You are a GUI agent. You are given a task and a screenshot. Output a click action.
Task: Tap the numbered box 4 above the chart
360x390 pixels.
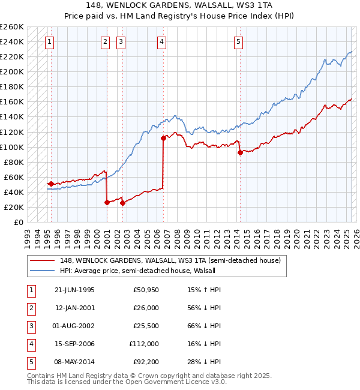162,42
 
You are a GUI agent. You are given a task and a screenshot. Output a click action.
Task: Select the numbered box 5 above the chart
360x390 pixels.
239,42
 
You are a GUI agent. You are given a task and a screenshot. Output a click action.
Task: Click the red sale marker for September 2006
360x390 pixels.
163,138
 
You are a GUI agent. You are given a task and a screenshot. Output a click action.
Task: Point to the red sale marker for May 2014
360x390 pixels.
240,152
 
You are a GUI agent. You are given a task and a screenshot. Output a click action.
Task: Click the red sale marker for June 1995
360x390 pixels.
51,184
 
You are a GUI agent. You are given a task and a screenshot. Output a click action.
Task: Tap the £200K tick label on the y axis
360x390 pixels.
12,71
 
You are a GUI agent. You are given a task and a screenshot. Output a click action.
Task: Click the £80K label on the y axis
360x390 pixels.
14,162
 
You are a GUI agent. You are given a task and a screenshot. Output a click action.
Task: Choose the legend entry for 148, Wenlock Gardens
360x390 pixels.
170,261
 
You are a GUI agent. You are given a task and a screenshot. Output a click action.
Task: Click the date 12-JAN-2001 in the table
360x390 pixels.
74,308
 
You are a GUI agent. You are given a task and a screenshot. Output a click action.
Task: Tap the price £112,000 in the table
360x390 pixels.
144,344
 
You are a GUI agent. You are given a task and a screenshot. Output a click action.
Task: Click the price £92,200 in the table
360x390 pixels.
146,362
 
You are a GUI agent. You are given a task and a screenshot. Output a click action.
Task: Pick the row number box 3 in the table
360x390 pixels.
31,326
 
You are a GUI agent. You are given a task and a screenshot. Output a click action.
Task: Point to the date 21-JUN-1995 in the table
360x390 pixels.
74,290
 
